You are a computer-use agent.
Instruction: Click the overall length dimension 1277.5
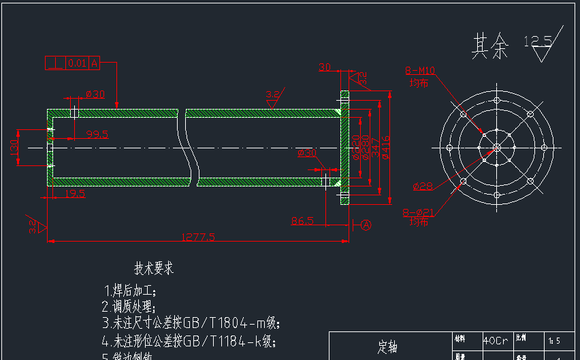pyautogui.click(x=197, y=237)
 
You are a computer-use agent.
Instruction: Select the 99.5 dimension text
pyautogui.click(x=97, y=134)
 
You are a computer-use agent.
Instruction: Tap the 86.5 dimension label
pyautogui.click(x=302, y=220)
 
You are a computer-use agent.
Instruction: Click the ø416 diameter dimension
pyautogui.click(x=386, y=147)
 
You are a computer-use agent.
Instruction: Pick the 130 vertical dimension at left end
pyautogui.click(x=14, y=147)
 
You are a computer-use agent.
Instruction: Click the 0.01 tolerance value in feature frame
pyautogui.click(x=77, y=63)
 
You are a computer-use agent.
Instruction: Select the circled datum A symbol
pyautogui.click(x=366, y=225)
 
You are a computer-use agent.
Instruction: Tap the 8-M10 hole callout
pyautogui.click(x=420, y=70)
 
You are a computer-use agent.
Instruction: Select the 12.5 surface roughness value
pyautogui.click(x=537, y=42)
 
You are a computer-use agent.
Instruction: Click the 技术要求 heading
pyautogui.click(x=154, y=268)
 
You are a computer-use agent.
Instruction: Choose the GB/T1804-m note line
pyautogui.click(x=191, y=323)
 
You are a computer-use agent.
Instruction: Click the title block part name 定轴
pyautogui.click(x=387, y=347)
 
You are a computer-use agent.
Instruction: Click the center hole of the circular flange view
pyautogui.click(x=496, y=147)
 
